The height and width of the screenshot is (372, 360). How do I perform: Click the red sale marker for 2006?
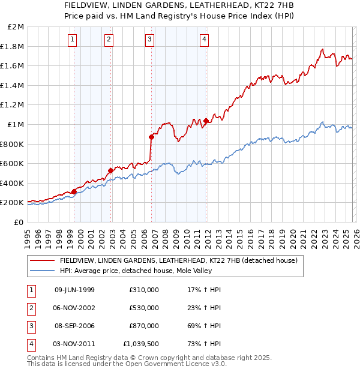[151, 137]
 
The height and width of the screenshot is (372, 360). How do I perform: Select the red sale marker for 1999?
[74, 191]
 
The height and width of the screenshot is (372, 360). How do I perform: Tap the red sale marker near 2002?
[110, 170]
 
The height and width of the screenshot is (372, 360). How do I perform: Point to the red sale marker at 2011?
[206, 121]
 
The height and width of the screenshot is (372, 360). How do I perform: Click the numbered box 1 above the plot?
[72, 40]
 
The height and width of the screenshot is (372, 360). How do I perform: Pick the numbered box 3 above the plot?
[149, 40]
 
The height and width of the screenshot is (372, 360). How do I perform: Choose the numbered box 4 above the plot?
[204, 40]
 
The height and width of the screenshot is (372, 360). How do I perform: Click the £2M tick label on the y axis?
[16, 27]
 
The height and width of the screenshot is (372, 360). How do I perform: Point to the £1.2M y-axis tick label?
[13, 105]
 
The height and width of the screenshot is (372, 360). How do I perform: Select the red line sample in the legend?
[42, 261]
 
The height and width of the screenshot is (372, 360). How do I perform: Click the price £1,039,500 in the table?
[141, 344]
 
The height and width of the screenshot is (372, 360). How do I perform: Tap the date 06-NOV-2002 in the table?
[75, 308]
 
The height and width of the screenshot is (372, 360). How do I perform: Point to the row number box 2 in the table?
[32, 308]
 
